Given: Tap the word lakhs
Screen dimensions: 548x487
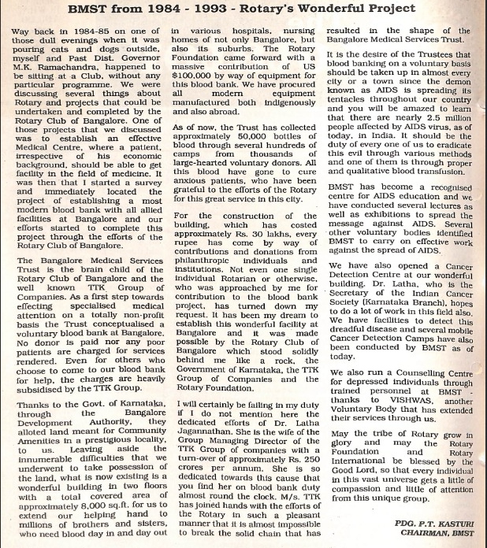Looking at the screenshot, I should [266, 234].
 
